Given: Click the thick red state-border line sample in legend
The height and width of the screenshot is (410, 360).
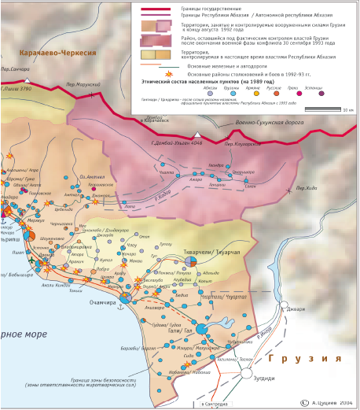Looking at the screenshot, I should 156,7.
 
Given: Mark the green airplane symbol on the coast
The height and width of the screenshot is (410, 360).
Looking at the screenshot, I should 31,260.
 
